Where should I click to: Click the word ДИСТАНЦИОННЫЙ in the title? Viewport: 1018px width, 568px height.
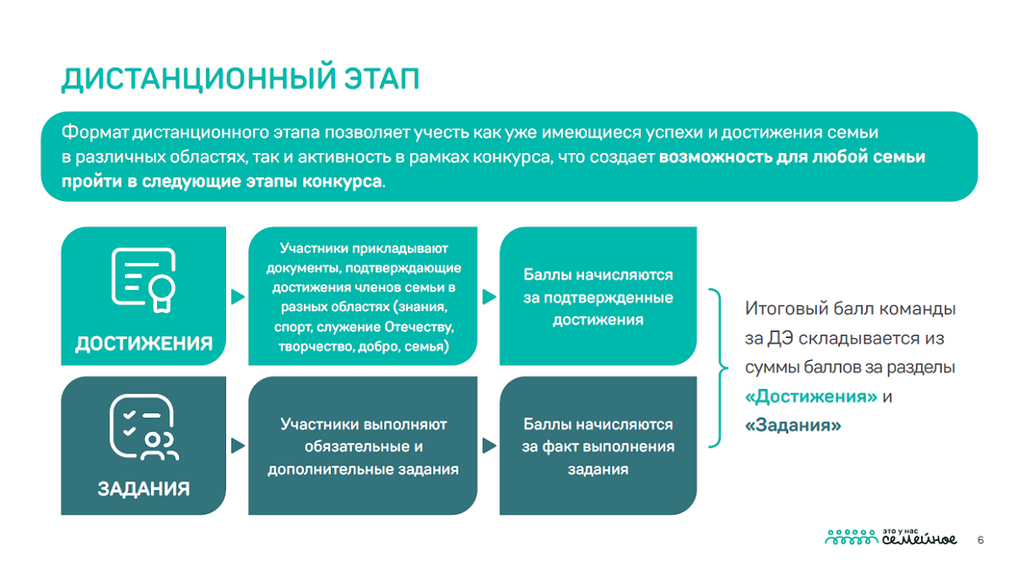click(x=198, y=79)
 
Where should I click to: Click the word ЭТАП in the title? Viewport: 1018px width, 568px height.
click(x=382, y=79)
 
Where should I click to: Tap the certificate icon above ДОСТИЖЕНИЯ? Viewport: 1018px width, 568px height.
click(x=143, y=281)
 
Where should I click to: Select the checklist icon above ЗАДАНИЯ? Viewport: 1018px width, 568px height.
click(x=143, y=427)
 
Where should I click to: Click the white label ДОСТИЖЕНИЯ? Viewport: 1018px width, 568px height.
click(x=143, y=343)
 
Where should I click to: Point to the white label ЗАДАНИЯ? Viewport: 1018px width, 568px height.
click(x=143, y=488)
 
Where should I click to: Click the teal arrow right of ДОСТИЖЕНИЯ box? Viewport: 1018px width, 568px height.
click(x=237, y=296)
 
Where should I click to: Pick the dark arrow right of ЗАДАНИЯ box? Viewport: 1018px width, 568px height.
click(x=237, y=446)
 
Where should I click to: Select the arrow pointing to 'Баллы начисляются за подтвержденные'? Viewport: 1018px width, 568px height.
click(x=489, y=296)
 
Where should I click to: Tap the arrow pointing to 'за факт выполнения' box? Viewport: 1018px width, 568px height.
click(x=489, y=446)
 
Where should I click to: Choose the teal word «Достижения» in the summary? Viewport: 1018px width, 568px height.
click(x=811, y=396)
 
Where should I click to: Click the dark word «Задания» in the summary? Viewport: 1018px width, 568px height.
click(x=793, y=425)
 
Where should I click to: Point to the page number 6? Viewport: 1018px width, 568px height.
click(x=980, y=540)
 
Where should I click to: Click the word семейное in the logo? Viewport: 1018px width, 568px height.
click(x=918, y=539)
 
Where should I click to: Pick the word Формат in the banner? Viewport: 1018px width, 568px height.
click(x=95, y=133)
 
